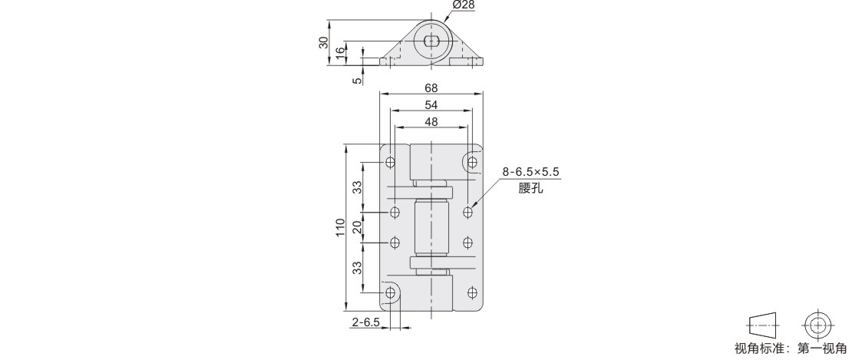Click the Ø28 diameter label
pos(464,5)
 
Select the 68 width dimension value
pos(431,88)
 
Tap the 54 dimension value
pos(431,105)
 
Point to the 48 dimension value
pos(431,122)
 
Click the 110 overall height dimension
pos(341,227)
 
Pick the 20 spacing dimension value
pos(358,227)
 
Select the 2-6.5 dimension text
pos(365,322)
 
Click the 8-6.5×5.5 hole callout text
pos(530,173)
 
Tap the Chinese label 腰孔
pos(530,189)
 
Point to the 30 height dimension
pos(324,43)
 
